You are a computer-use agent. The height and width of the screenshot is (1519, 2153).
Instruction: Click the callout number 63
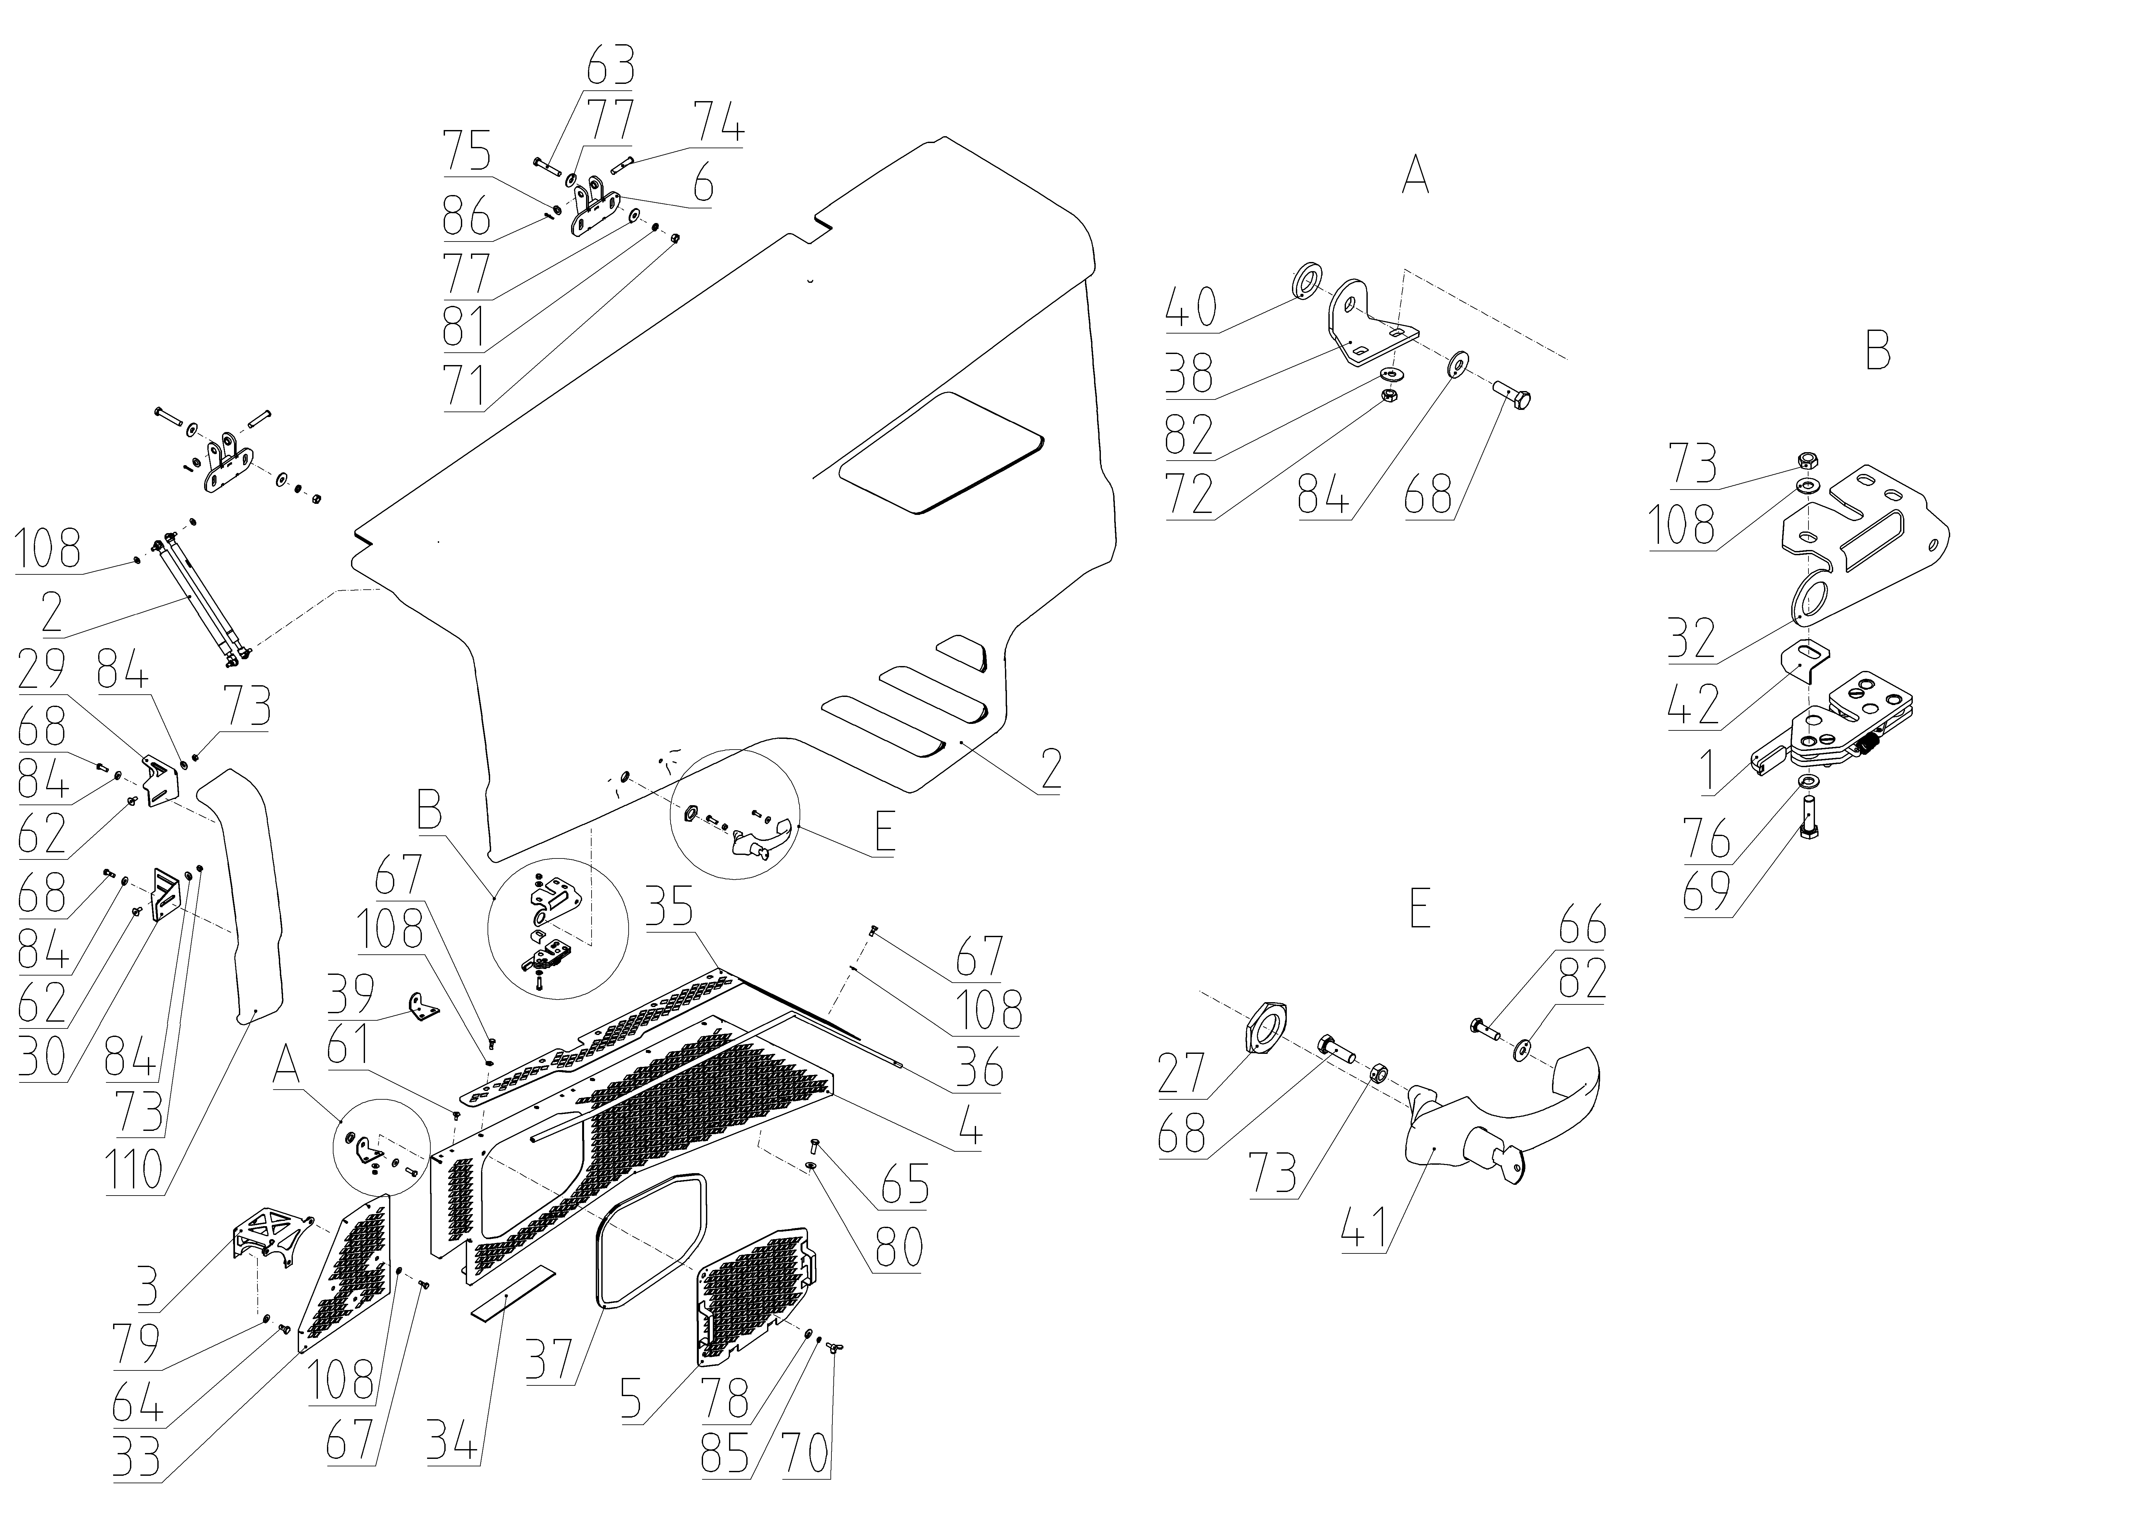610,68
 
